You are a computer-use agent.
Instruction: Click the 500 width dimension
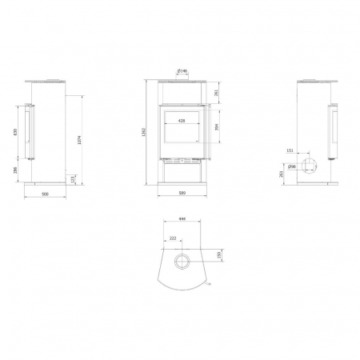click(x=44, y=194)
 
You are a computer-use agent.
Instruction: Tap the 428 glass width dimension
click(x=182, y=120)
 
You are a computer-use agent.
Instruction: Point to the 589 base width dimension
click(x=183, y=194)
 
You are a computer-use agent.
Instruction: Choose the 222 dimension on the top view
click(x=173, y=238)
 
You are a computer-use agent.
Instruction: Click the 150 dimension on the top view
click(x=220, y=256)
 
